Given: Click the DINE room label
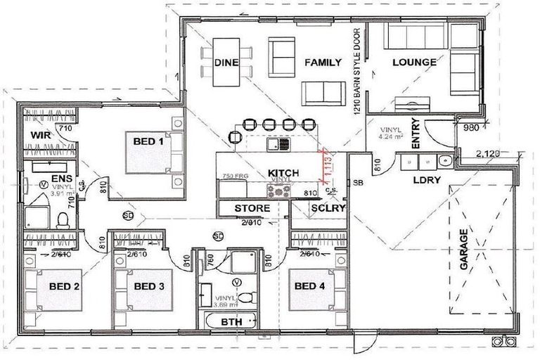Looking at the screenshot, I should click(x=226, y=63).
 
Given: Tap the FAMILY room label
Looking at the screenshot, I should click(x=322, y=63).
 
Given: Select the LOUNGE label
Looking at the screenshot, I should click(x=414, y=63).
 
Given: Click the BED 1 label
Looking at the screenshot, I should click(x=148, y=141).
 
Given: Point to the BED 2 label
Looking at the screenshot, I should click(x=64, y=286).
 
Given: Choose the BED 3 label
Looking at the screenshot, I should click(x=149, y=286).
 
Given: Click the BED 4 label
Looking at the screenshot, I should click(x=309, y=286).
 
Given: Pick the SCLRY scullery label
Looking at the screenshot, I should click(x=327, y=208).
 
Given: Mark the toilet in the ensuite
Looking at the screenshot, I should click(x=63, y=219).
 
